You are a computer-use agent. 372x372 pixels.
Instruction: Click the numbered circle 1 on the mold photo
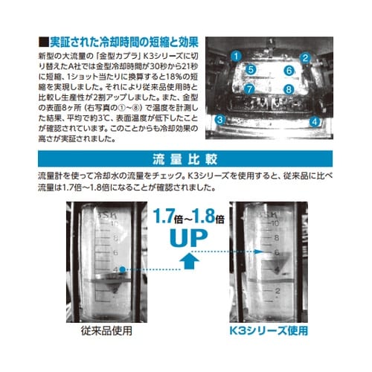tap(236, 56)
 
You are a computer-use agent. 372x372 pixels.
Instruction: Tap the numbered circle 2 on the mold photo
tap(304, 57)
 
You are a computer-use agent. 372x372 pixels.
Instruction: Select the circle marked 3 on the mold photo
tap(220, 119)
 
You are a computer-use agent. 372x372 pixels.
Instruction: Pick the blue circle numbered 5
tap(251, 70)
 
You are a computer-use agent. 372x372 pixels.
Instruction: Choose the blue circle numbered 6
tap(289, 71)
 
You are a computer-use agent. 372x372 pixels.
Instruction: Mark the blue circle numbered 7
tap(250, 89)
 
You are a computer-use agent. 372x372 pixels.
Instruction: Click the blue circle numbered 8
tap(288, 89)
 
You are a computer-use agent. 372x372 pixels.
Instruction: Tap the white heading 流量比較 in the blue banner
tap(185, 158)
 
